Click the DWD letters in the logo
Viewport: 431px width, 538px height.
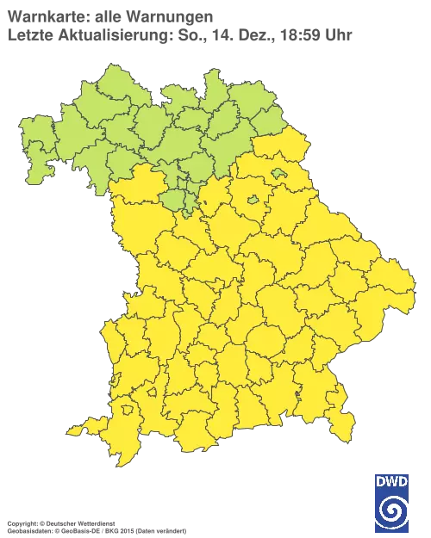tap(392, 481)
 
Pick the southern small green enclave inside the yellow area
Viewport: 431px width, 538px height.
tap(253, 201)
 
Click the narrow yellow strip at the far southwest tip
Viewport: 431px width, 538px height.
tap(78, 429)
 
